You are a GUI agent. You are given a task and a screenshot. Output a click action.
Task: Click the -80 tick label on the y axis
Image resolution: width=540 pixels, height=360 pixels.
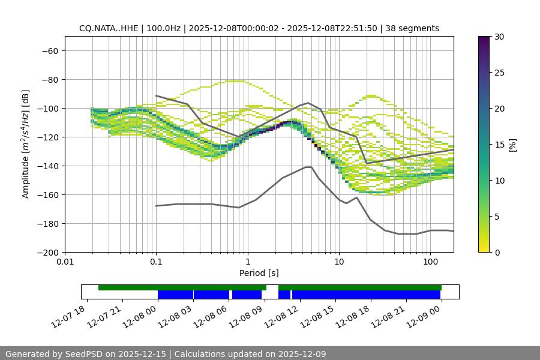(49, 80)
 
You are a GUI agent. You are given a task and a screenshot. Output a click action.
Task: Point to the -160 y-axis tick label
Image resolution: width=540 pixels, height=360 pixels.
(47, 195)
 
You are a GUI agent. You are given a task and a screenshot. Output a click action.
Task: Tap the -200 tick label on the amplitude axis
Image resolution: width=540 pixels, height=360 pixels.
(47, 253)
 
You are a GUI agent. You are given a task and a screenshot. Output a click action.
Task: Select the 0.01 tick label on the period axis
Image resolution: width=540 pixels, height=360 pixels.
(65, 262)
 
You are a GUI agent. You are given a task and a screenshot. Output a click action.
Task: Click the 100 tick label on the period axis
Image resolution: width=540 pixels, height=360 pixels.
(430, 262)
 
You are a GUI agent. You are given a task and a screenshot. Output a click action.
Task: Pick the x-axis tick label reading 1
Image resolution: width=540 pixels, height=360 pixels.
(248, 262)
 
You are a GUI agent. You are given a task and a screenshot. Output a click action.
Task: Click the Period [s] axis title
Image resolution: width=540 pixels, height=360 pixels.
(259, 273)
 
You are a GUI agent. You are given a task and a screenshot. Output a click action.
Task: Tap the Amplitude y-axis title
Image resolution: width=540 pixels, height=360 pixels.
(26, 144)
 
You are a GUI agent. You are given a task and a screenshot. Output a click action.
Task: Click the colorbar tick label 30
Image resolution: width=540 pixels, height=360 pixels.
(499, 37)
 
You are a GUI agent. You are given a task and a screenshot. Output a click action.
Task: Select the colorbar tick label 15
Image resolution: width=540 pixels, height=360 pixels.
(499, 145)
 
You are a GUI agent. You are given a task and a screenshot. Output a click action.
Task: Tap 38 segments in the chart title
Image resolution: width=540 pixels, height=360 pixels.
(412, 28)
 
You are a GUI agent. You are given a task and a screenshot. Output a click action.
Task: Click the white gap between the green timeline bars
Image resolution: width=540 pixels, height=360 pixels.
(272, 287)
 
